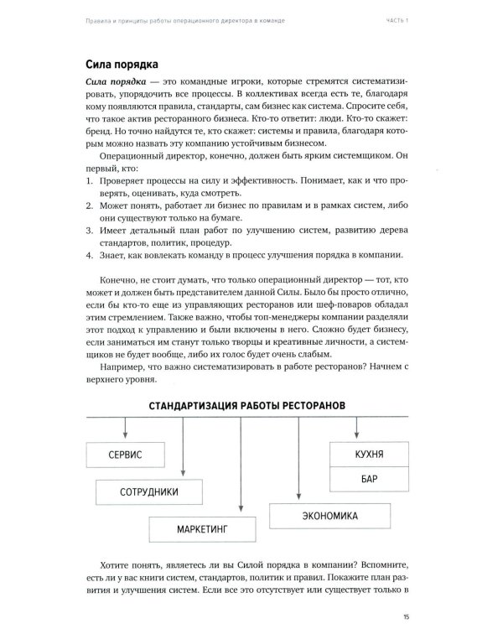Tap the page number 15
tap(407, 616)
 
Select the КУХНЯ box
tap(369, 454)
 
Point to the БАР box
tap(369, 480)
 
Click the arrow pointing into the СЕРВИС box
tap(125, 432)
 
